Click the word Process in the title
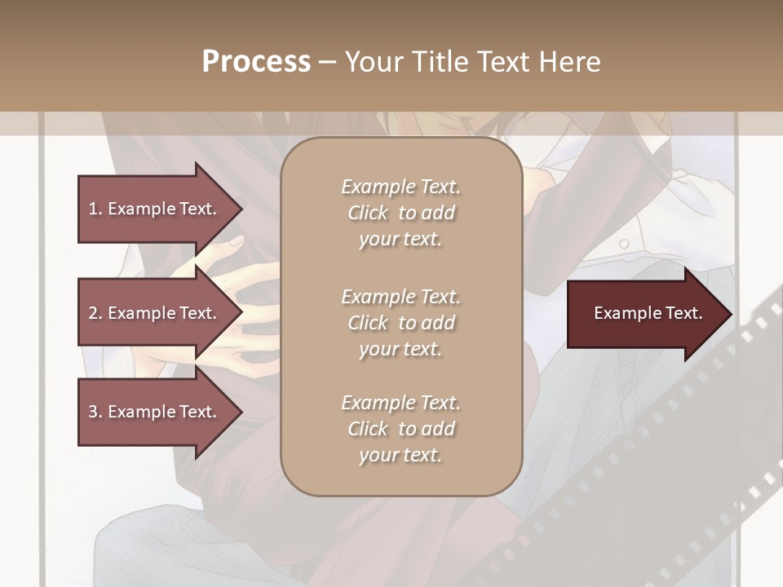256,62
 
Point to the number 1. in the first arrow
95,209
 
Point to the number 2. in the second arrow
95,313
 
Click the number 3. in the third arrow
95,412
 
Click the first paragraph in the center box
400,213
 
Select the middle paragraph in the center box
400,322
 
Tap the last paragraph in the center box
400,429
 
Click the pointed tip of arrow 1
240,209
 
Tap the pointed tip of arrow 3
240,412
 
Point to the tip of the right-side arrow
730,313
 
